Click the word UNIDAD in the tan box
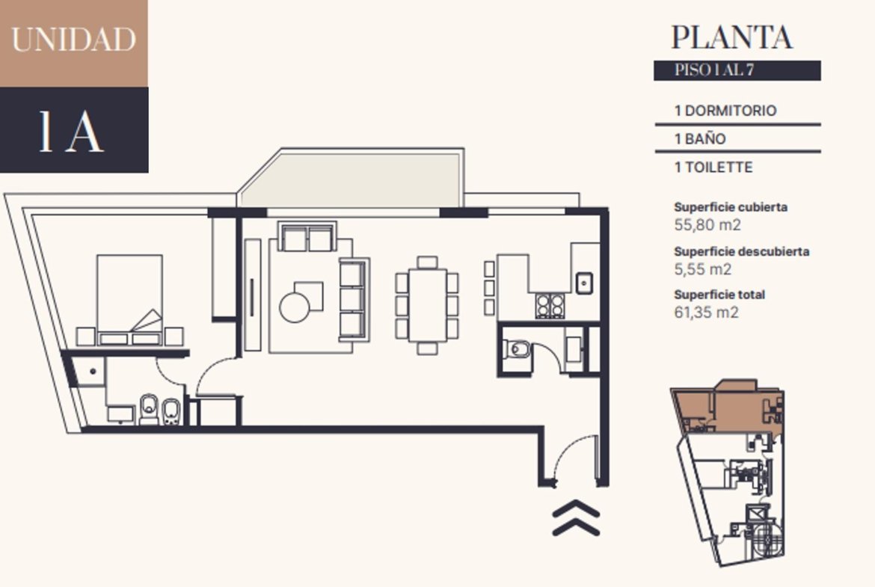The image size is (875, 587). pos(73,39)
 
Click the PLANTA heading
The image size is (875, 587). pos(731,37)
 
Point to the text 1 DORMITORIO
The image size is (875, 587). pos(725,111)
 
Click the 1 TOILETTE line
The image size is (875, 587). pos(713,168)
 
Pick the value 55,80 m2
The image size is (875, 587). pos(707,225)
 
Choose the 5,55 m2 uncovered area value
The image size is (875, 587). pos(702,269)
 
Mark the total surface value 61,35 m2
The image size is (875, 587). pos(706,312)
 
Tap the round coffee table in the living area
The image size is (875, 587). pos(294,307)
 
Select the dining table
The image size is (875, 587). pos(428,304)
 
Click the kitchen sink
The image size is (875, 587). pos(583,283)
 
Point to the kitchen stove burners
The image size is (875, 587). pos(550,306)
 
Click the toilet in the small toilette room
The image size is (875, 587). pos(518,350)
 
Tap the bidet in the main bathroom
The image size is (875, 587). pos(171,411)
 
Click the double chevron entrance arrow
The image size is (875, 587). pos(576,518)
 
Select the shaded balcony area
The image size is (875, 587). pos(351,179)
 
